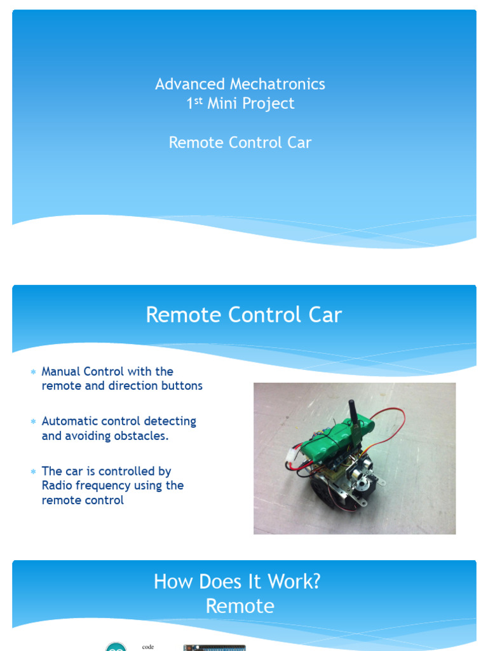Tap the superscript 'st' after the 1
(198, 100)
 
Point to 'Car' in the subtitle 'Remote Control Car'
(299, 142)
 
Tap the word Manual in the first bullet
(61, 371)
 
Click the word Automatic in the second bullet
(70, 421)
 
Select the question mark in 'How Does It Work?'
(315, 582)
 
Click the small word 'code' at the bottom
(148, 647)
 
